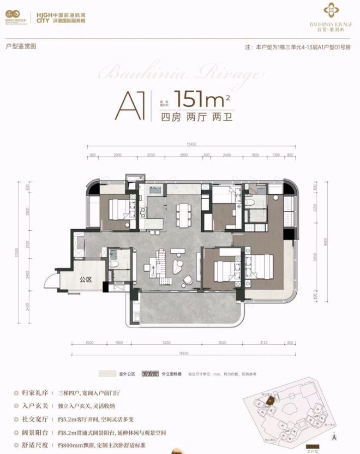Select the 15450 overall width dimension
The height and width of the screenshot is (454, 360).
pos(191,144)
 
